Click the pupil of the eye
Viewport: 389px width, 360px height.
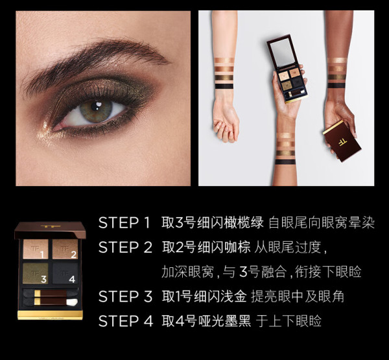coord(95,107)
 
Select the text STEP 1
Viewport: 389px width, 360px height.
coord(124,222)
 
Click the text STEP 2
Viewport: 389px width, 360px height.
coord(125,247)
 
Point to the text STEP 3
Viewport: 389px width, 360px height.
coord(125,296)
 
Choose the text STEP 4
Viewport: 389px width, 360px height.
coord(126,321)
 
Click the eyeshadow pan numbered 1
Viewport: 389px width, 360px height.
coord(36,249)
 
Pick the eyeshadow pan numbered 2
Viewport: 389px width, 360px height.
coord(65,249)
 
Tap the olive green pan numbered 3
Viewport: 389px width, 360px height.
coord(36,273)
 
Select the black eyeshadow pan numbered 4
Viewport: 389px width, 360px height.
coord(65,273)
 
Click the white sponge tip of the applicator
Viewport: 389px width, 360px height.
coord(72,302)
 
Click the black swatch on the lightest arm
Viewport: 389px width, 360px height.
coord(224,86)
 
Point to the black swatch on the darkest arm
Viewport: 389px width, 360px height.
coord(336,86)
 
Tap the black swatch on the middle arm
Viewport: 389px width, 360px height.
coord(285,162)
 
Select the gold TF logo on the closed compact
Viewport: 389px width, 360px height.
coord(343,142)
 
